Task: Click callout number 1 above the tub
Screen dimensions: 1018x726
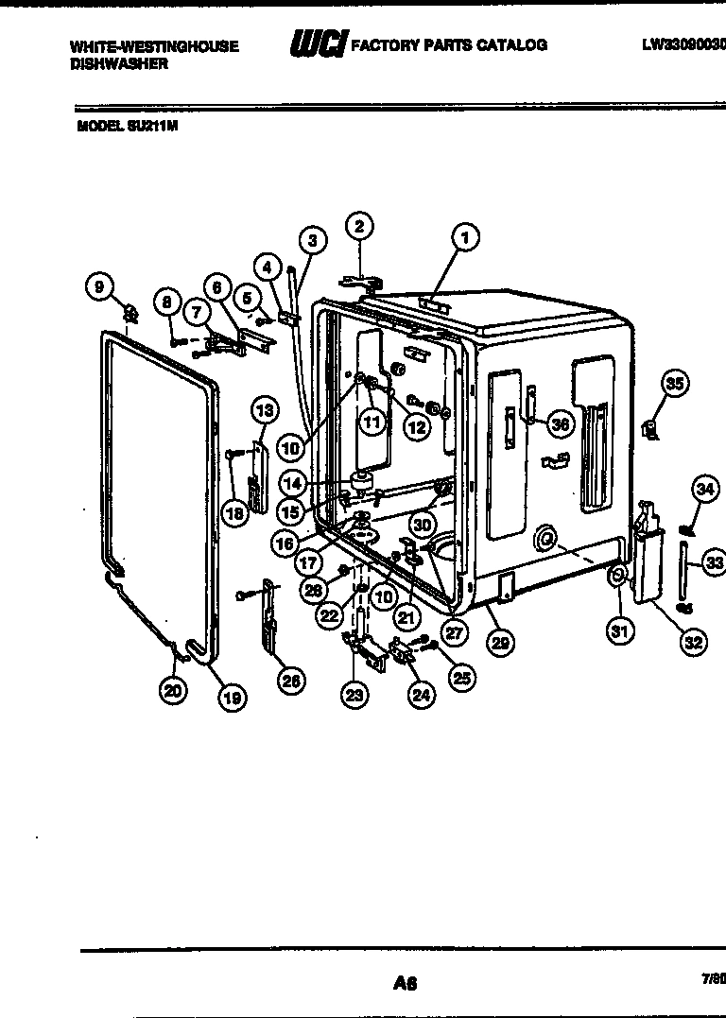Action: click(x=464, y=236)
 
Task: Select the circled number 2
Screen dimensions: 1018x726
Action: click(x=358, y=225)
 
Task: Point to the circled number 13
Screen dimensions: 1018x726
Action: click(x=265, y=410)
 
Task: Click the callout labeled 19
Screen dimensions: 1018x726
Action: click(x=231, y=698)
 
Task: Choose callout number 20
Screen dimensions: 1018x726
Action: click(x=171, y=691)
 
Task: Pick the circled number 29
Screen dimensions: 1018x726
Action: click(x=500, y=643)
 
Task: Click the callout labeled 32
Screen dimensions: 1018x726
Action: click(x=694, y=642)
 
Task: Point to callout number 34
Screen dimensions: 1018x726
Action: click(x=704, y=488)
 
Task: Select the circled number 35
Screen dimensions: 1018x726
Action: click(x=673, y=383)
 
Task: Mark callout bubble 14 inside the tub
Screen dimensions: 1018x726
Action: click(x=293, y=483)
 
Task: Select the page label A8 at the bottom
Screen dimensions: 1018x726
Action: click(x=405, y=983)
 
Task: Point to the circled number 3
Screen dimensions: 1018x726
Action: click(x=314, y=240)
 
